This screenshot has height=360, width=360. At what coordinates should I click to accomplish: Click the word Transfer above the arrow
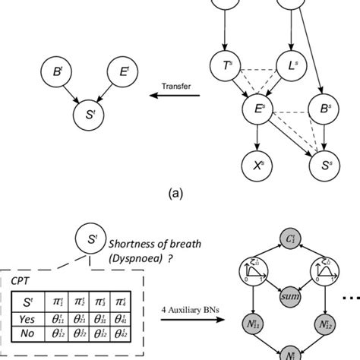click(x=175, y=86)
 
